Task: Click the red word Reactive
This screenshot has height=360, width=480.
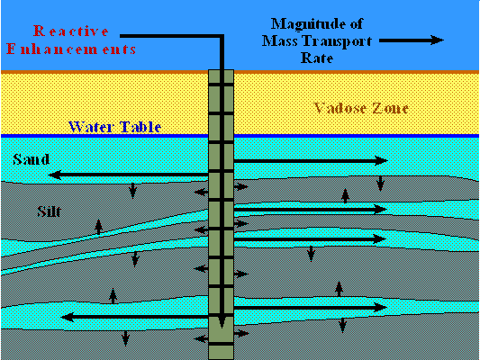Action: (x=71, y=31)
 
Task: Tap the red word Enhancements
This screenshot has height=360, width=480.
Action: (x=71, y=49)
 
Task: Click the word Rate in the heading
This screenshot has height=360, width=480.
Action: (x=316, y=58)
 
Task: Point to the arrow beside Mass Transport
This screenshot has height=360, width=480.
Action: (x=412, y=40)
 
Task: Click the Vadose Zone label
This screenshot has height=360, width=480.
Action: (x=361, y=108)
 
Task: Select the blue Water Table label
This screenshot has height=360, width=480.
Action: (x=114, y=127)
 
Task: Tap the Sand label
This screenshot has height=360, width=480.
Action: (x=31, y=159)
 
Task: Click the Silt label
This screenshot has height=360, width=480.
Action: (x=49, y=211)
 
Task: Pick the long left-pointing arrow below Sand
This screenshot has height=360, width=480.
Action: (x=128, y=175)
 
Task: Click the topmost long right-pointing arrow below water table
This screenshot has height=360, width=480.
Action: (x=311, y=160)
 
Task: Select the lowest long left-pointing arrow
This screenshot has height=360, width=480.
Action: (x=135, y=317)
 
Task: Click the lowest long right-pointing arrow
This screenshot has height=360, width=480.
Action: (x=311, y=308)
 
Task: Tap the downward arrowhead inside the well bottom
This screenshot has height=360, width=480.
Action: (x=222, y=322)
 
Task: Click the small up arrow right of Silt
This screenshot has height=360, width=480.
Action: (x=98, y=227)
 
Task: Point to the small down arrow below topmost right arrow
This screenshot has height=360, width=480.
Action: (x=380, y=184)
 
